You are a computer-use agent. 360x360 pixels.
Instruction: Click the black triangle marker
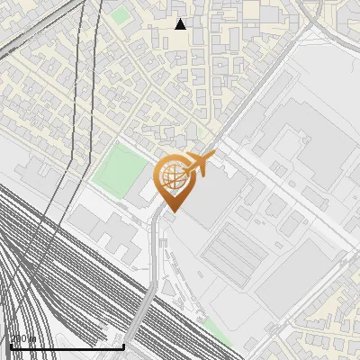(180, 24)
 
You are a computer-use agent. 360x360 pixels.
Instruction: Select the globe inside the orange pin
(171, 177)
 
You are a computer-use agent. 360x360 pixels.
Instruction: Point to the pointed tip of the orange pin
(171, 211)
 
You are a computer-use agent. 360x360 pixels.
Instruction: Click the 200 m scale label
(22, 339)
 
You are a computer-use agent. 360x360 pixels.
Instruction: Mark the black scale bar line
(67, 346)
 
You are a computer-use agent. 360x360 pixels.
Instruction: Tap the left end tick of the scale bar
(10, 344)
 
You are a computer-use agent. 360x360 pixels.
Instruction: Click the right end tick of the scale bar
(123, 344)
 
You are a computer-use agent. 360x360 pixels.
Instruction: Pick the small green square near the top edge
(121, 15)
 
